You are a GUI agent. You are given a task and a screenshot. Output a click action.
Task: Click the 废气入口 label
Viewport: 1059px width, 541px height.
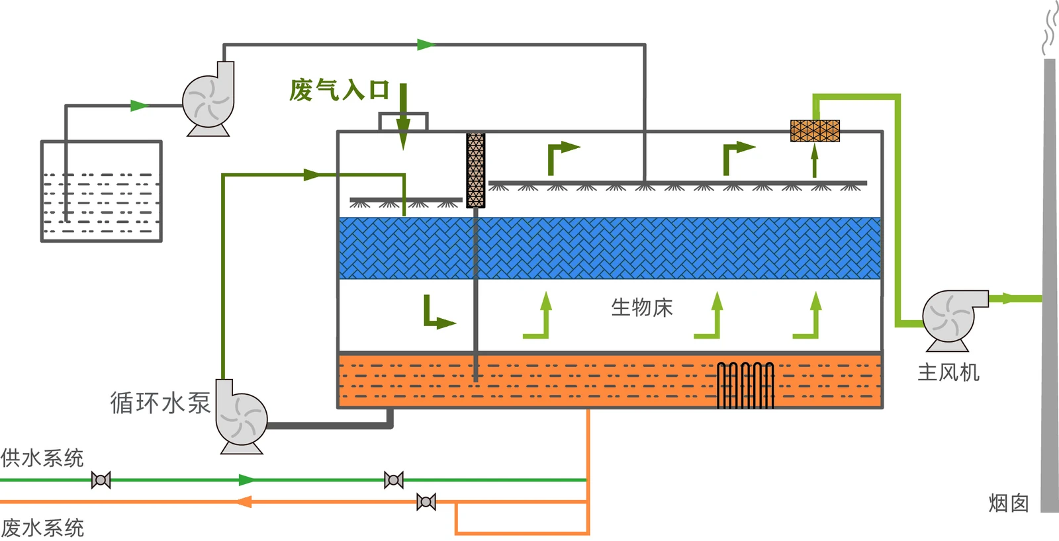click(340, 90)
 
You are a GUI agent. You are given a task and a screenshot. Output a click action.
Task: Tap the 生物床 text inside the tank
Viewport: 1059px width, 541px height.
click(641, 308)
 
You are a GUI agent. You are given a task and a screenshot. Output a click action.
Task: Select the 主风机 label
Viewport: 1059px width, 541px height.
click(948, 372)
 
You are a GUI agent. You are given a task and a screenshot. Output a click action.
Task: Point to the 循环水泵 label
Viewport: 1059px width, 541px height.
click(160, 403)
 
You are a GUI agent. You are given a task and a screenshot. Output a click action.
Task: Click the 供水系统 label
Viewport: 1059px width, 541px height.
click(42, 458)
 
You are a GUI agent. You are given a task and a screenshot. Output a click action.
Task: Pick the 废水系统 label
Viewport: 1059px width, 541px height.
click(42, 528)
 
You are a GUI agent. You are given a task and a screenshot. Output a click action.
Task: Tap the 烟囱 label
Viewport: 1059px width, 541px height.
click(1009, 503)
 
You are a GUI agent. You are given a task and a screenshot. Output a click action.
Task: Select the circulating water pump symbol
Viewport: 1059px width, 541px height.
click(241, 417)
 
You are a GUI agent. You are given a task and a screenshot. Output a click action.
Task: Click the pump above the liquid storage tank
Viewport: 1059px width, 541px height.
click(208, 99)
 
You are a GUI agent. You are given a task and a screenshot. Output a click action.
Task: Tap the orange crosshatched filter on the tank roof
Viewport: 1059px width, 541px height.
click(815, 131)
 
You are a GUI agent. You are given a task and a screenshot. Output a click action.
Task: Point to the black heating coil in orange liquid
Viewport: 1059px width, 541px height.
click(745, 385)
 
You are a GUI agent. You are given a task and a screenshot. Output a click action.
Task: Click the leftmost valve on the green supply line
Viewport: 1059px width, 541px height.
click(101, 480)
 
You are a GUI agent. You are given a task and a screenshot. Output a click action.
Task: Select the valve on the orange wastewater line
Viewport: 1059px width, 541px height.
click(426, 502)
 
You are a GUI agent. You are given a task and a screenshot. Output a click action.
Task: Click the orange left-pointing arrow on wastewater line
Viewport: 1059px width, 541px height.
click(244, 502)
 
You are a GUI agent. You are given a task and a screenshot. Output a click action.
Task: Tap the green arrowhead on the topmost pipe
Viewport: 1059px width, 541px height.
click(426, 45)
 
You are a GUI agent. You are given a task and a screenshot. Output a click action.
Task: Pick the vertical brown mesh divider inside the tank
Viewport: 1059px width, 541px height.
click(476, 170)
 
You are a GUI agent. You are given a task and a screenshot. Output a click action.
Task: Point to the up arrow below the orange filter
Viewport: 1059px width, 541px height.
click(815, 161)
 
